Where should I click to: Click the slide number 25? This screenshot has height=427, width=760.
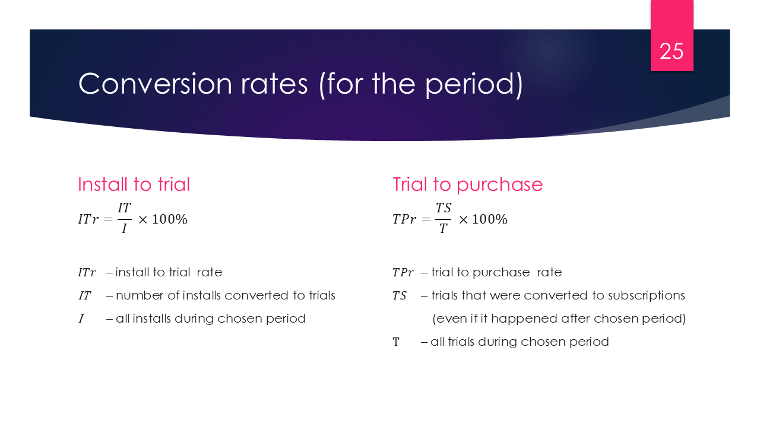672,52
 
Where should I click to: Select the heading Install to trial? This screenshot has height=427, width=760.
134,184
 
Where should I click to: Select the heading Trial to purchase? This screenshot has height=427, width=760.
467,184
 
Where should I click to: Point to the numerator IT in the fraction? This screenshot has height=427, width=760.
124,208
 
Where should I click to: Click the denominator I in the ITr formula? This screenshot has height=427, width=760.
124,229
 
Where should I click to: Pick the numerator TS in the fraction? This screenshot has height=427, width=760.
444,208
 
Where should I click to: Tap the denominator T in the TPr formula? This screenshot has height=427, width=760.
443,229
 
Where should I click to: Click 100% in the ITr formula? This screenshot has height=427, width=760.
169,219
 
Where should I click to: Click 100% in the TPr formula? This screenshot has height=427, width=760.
489,219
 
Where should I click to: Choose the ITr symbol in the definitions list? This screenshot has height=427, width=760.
87,273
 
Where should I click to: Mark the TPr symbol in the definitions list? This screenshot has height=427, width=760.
402,273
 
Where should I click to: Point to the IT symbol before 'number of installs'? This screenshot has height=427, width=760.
85,295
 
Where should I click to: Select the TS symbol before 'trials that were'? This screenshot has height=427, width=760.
399,295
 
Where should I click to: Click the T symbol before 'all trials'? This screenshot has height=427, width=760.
396,342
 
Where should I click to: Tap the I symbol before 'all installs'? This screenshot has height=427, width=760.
81,319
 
